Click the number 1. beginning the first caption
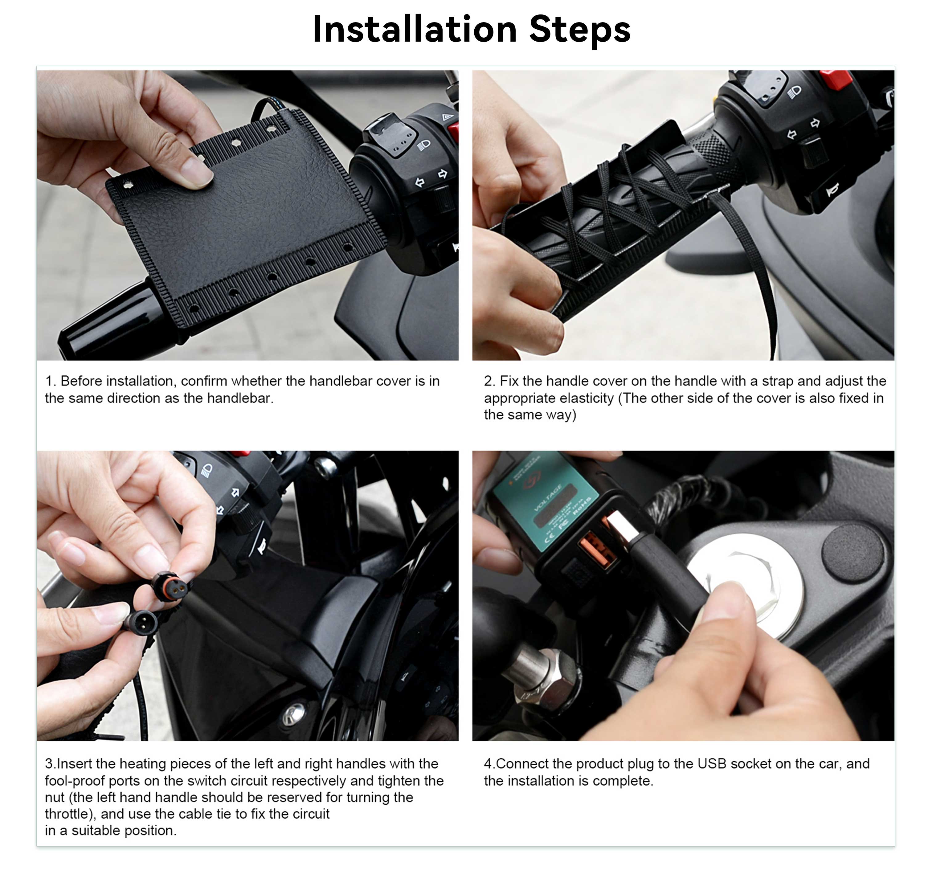(51, 381)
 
